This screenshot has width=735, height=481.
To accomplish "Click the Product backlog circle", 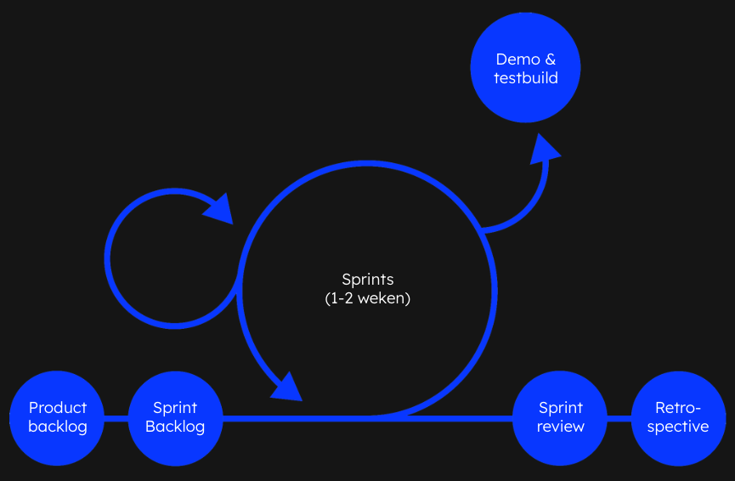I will pyautogui.click(x=57, y=417).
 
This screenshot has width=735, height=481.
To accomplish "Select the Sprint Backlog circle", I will pyautogui.click(x=175, y=417).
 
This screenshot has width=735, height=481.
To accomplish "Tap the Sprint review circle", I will pyautogui.click(x=560, y=417).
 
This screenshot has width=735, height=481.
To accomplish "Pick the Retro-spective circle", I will pyautogui.click(x=678, y=417).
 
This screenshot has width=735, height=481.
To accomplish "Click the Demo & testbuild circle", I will pyautogui.click(x=525, y=68).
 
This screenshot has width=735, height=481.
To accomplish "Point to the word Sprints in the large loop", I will pyautogui.click(x=368, y=280).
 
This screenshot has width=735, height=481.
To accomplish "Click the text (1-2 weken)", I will pyautogui.click(x=368, y=299).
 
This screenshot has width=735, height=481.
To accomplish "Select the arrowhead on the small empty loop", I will pyautogui.click(x=220, y=207).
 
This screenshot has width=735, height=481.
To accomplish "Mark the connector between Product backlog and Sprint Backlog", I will pyautogui.click(x=116, y=418).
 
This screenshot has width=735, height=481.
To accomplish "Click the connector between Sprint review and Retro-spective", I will pyautogui.click(x=619, y=418).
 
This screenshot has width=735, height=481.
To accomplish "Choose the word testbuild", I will pyautogui.click(x=525, y=78).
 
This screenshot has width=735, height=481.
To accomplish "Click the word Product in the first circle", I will pyautogui.click(x=58, y=408).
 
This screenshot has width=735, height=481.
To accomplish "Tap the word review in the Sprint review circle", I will pyautogui.click(x=561, y=427).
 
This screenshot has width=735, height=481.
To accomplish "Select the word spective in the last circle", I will pyautogui.click(x=678, y=427).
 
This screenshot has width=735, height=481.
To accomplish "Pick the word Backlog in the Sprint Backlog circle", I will pyautogui.click(x=175, y=427).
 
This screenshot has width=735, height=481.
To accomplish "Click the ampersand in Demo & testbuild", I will pyautogui.click(x=550, y=59).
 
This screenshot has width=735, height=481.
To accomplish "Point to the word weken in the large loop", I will pyautogui.click(x=383, y=299).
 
